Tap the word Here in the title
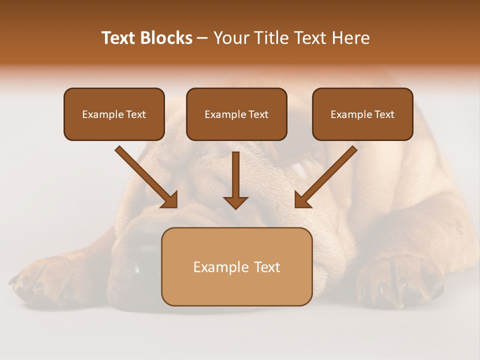[351, 38]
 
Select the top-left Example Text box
[114, 114]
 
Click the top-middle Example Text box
[236, 114]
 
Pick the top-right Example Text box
[362, 114]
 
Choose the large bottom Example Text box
[236, 266]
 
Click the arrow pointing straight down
[235, 180]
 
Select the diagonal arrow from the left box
[146, 176]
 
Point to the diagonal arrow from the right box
[326, 176]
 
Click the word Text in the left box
[135, 114]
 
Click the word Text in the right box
[384, 114]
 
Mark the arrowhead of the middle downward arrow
[235, 202]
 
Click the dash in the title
[203, 38]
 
